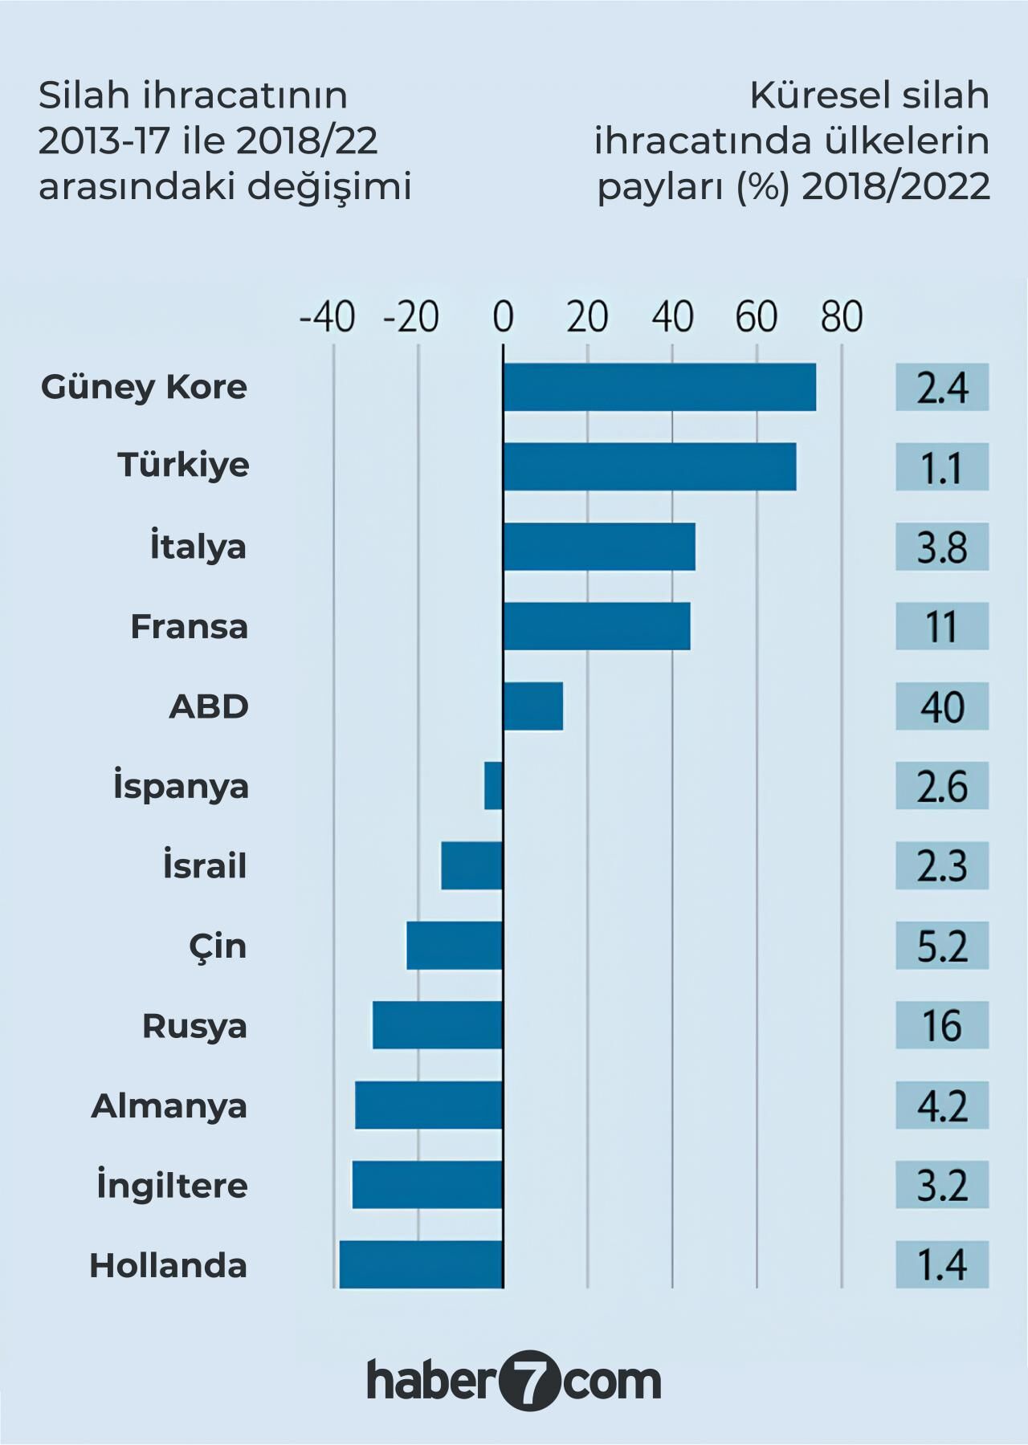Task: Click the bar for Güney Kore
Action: click(659, 387)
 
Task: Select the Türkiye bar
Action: click(649, 466)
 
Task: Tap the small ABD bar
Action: click(532, 706)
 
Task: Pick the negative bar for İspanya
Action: click(493, 786)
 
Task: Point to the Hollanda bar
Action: click(421, 1264)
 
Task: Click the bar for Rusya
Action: click(438, 1025)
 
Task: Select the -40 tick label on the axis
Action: click(327, 318)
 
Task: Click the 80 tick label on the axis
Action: click(841, 318)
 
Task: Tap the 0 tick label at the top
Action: click(503, 318)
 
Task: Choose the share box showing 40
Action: click(941, 706)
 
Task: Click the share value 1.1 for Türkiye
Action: click(941, 466)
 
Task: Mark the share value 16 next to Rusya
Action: click(941, 1025)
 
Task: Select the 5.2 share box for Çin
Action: click(941, 946)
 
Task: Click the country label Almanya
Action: click(169, 1105)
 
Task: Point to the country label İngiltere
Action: click(172, 1186)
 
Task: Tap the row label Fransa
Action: click(189, 626)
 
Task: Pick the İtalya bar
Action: click(598, 547)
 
